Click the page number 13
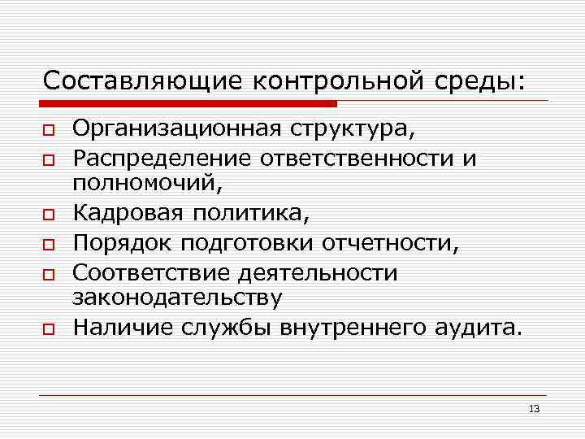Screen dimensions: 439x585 click(534, 408)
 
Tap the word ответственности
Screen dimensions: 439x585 click(357, 157)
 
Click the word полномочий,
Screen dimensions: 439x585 click(146, 185)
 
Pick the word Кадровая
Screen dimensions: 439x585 click(129, 215)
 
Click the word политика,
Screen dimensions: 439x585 click(252, 215)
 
